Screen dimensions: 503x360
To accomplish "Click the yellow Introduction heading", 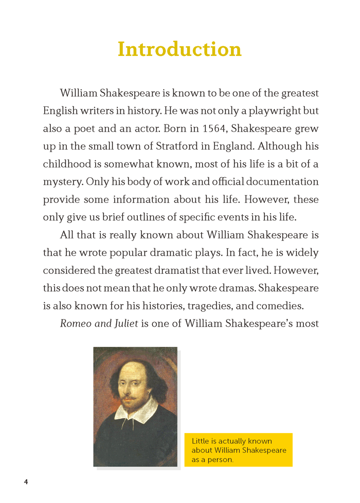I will (x=179, y=49).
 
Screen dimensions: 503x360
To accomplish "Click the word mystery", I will (x=62, y=182).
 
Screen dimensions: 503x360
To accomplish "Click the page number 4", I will (x=26, y=481).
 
